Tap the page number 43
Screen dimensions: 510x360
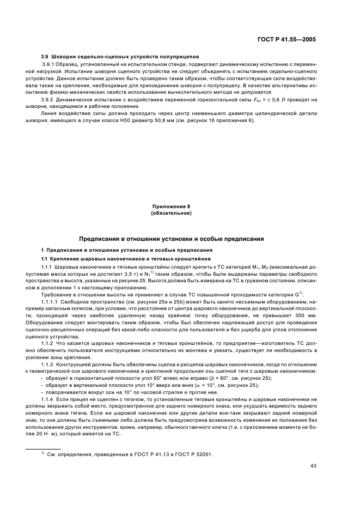pos(313,466)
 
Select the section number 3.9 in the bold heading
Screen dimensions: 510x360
pos(46,57)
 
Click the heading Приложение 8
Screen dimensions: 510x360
pos(171,207)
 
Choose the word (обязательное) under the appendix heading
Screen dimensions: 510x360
pos(171,213)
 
